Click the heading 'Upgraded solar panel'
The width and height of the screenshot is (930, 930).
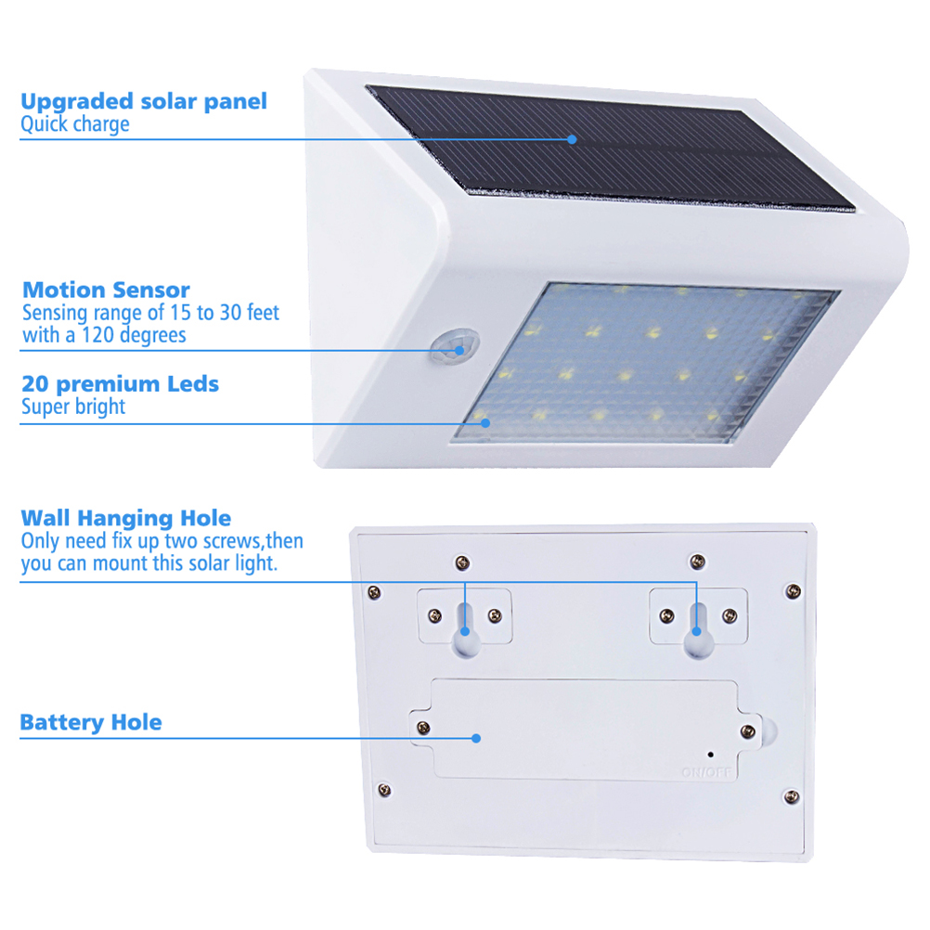pyautogui.click(x=144, y=101)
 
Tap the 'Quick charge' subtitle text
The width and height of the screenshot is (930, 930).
pyautogui.click(x=75, y=124)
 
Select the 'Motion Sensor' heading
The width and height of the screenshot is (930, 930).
pyautogui.click(x=106, y=290)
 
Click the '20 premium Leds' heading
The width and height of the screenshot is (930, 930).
pyautogui.click(x=121, y=383)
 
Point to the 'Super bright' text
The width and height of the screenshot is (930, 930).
pyautogui.click(x=73, y=407)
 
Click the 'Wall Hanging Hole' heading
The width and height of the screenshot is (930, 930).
pyautogui.click(x=125, y=518)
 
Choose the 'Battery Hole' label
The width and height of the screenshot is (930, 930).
pyautogui.click(x=91, y=722)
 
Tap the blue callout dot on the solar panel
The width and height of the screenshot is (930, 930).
pyautogui.click(x=572, y=139)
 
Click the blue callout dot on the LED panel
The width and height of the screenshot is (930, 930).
pyautogui.click(x=485, y=423)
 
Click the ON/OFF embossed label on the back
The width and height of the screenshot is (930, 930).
pyautogui.click(x=706, y=772)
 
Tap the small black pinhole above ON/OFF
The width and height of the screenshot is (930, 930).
pyautogui.click(x=711, y=755)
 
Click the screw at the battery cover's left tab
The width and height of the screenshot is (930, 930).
pyautogui.click(x=423, y=727)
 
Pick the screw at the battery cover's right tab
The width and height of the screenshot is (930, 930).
pyautogui.click(x=748, y=730)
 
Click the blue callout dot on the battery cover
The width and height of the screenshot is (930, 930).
pyautogui.click(x=476, y=739)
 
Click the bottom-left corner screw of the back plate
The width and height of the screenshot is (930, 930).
pyautogui.click(x=384, y=790)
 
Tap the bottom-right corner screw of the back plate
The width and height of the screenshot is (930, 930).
pyautogui.click(x=791, y=796)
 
